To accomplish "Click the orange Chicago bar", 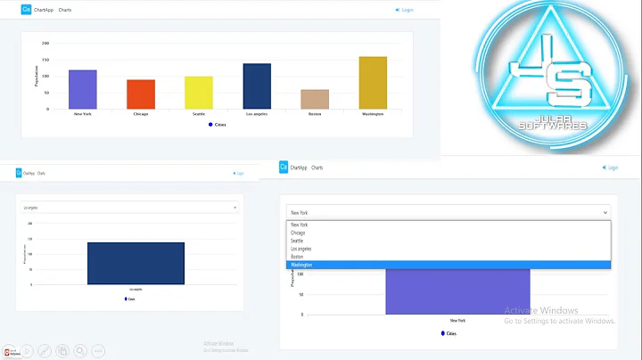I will pyautogui.click(x=141, y=94).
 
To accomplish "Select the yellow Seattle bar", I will pyautogui.click(x=199, y=92).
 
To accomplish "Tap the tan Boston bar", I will pyautogui.click(x=315, y=99).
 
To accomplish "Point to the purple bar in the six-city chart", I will pyautogui.click(x=83, y=89).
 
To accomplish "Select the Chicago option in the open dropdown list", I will pyautogui.click(x=297, y=233).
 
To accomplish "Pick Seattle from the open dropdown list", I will pyautogui.click(x=296, y=241).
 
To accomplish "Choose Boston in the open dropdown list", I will pyautogui.click(x=296, y=257).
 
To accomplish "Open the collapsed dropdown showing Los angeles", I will pyautogui.click(x=130, y=208).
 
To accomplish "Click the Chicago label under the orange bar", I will pyautogui.click(x=141, y=114).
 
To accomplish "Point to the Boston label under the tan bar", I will pyautogui.click(x=315, y=114).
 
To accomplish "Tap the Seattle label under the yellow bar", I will pyautogui.click(x=199, y=114).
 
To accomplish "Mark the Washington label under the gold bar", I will pyautogui.click(x=373, y=114).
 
